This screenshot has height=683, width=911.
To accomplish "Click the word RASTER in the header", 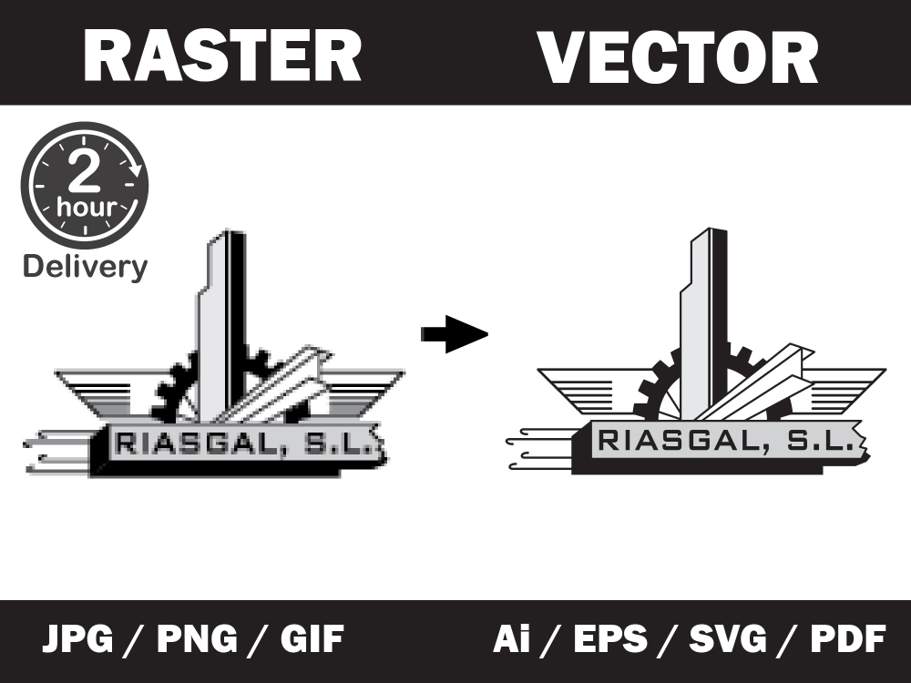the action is [222, 56].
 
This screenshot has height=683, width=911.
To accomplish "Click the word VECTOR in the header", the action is [678, 56].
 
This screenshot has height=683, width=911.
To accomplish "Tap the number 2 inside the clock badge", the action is [85, 171].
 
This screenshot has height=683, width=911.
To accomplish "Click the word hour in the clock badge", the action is [87, 207].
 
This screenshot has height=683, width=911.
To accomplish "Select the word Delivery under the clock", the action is [86, 267].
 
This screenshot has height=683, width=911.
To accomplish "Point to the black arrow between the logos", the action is [455, 334].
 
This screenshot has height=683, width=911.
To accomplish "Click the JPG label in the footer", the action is [77, 639].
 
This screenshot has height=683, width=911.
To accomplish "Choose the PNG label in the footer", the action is [197, 639].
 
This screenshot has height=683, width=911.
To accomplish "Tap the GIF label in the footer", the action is [312, 639].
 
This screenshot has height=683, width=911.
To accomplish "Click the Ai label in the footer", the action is [511, 639].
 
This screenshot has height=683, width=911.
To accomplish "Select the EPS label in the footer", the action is [610, 639].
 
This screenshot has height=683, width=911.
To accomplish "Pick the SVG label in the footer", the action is [727, 639].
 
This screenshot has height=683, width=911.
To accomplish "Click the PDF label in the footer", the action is [848, 639].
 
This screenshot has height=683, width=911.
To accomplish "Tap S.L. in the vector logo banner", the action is [821, 441].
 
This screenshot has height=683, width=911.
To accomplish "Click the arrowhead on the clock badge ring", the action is [136, 169].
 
